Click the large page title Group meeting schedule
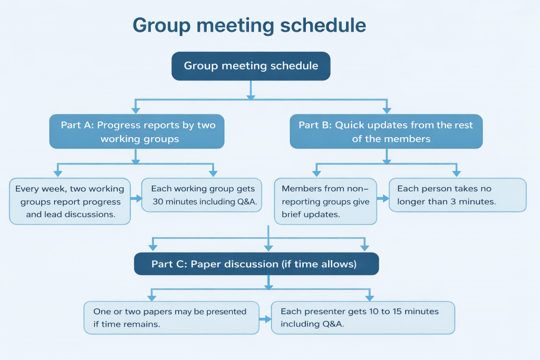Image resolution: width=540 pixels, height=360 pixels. (x=249, y=25)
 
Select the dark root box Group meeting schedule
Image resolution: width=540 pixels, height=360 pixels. (x=251, y=66)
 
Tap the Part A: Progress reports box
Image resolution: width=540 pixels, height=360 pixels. (x=137, y=132)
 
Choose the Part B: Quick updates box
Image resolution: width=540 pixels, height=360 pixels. (x=386, y=132)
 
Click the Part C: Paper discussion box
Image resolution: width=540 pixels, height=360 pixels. (x=256, y=264)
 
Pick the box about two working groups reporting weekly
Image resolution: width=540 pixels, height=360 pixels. (x=70, y=201)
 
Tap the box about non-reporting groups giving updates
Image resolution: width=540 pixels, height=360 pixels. (x=325, y=201)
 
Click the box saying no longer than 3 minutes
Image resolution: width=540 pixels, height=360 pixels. (x=457, y=195)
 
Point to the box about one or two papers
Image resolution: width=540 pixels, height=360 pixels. (x=171, y=317)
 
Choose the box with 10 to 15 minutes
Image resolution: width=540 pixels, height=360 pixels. (x=363, y=317)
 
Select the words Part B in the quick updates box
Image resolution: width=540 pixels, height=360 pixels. (x=314, y=125)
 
